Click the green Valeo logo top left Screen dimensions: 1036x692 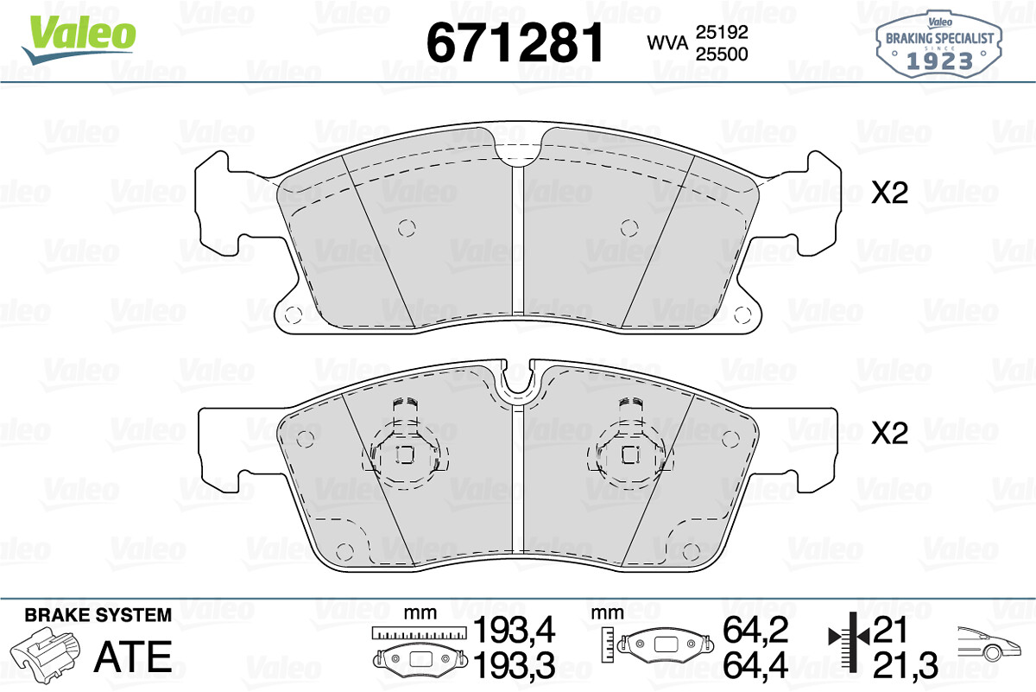79,40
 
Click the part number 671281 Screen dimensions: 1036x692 515,42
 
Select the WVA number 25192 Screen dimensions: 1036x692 722,32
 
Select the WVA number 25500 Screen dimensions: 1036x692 722,54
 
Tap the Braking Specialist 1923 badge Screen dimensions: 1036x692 939,43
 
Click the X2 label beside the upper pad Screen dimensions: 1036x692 889,193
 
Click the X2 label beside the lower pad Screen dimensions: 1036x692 889,433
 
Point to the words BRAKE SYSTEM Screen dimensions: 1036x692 98,615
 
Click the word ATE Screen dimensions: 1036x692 133,657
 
